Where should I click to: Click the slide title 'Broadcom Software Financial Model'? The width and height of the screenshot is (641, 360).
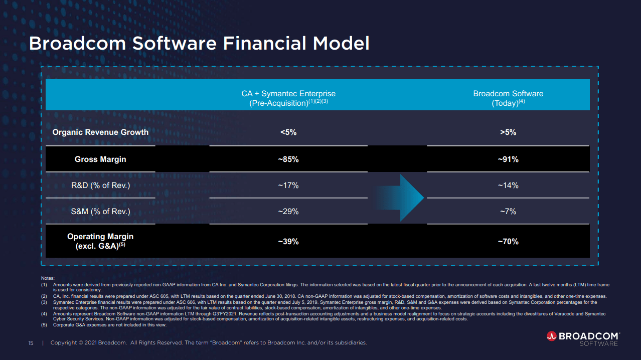(x=199, y=43)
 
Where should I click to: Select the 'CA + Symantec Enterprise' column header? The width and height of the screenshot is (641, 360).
(x=288, y=98)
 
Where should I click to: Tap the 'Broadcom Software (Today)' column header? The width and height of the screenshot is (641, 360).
(x=508, y=98)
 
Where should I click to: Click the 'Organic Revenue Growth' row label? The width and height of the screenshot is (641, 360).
(x=100, y=132)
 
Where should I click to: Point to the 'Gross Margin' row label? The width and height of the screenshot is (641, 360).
(x=100, y=159)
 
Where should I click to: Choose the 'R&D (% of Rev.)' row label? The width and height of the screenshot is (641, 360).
(x=100, y=186)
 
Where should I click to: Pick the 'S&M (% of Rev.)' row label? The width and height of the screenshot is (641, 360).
(x=100, y=212)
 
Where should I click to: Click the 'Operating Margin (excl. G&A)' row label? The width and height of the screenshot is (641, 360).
(x=100, y=241)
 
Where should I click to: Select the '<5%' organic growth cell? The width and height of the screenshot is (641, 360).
(x=288, y=132)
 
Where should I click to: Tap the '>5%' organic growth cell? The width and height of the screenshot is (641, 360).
(x=508, y=132)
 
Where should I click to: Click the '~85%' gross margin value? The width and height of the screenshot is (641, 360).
(x=288, y=159)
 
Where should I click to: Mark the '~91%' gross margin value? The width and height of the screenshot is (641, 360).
(x=508, y=159)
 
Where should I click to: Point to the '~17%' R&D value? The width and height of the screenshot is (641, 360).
(x=288, y=186)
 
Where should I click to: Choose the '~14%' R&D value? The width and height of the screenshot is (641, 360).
(x=508, y=186)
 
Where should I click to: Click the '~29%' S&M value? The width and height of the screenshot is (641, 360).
(x=288, y=212)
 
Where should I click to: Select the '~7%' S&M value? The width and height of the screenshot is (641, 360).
(x=508, y=212)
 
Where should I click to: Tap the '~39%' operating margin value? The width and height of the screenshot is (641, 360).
(x=288, y=242)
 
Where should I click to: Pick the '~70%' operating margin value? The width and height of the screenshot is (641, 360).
(x=508, y=242)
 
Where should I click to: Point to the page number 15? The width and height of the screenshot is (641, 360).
(x=31, y=343)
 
